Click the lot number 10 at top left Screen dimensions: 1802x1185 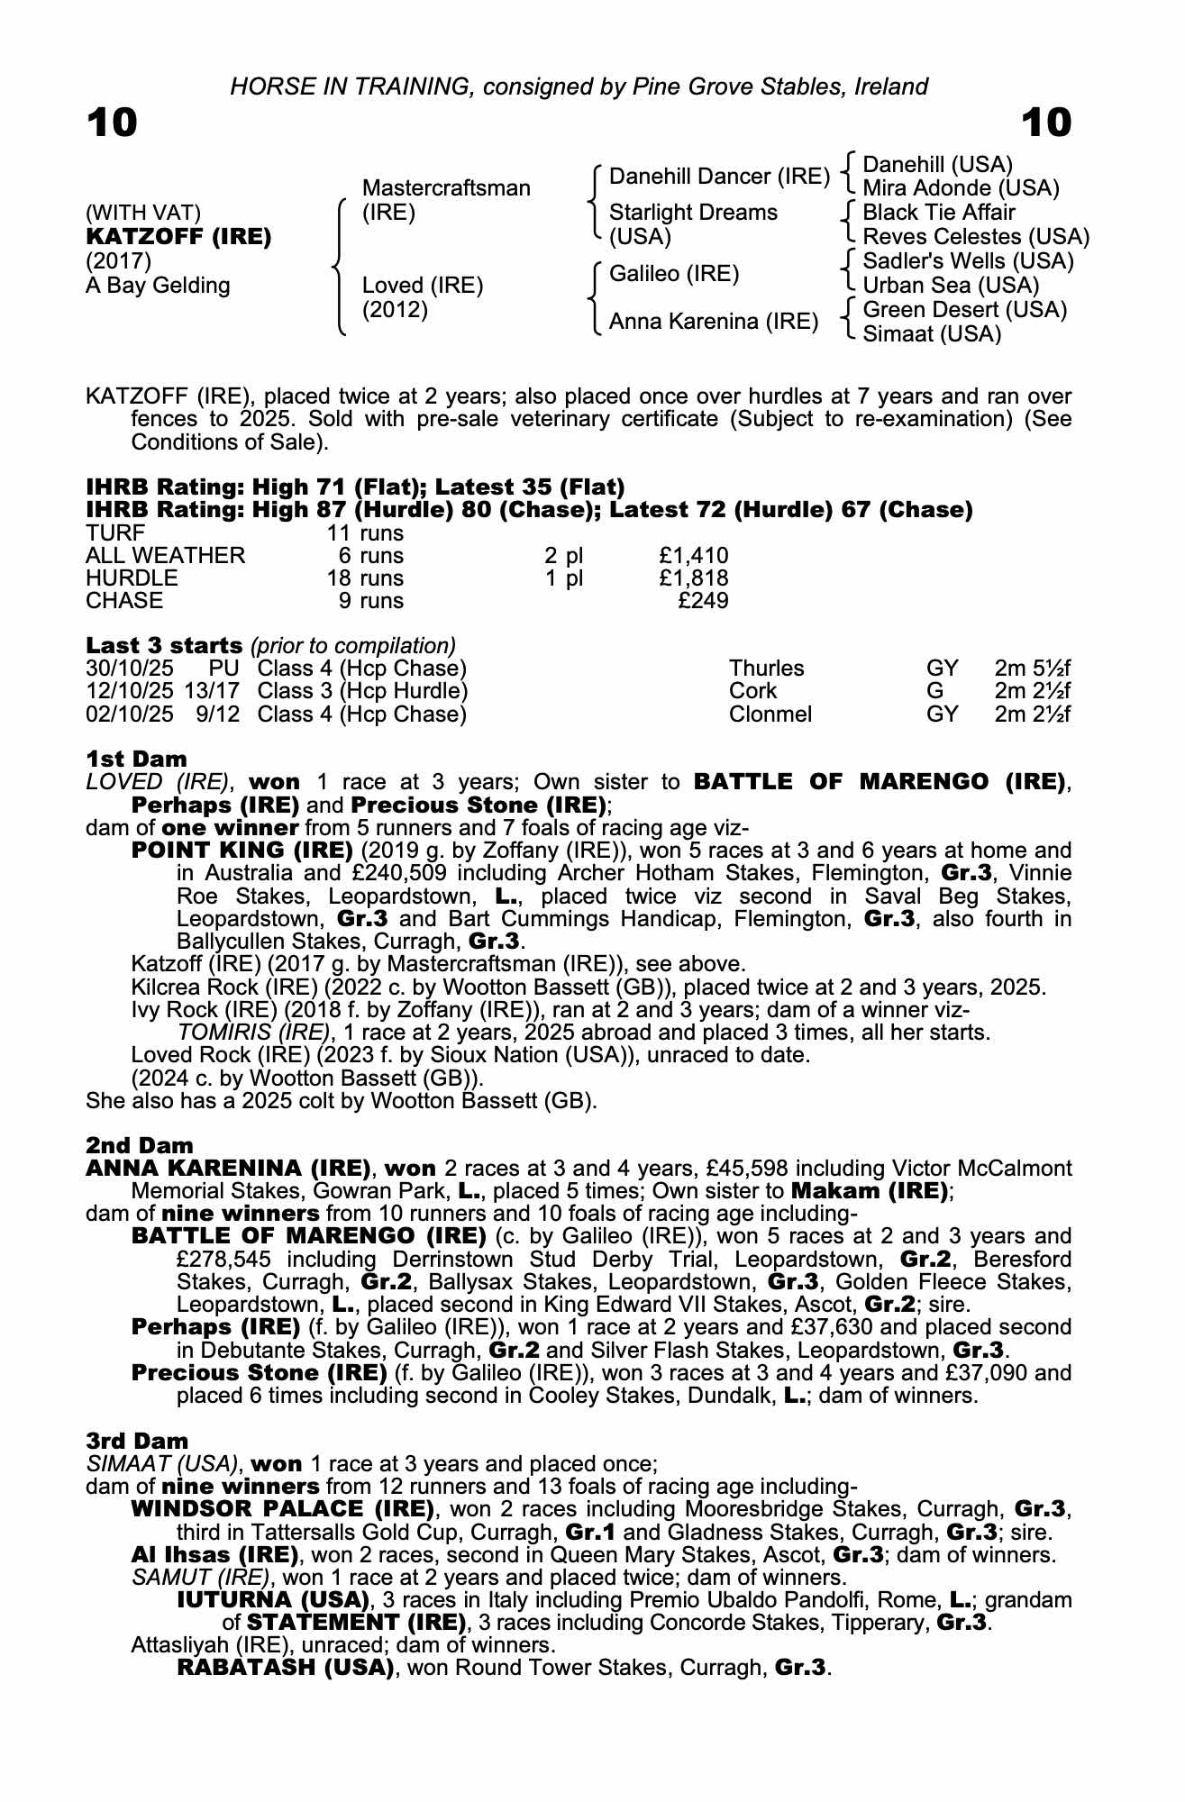(112, 123)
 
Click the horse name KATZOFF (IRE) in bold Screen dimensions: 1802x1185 (178, 237)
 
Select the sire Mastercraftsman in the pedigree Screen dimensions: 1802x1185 (446, 188)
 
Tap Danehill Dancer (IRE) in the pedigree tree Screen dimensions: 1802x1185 (719, 177)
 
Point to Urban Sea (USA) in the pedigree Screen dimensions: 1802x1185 (951, 286)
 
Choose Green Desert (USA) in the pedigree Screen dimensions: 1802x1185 (964, 310)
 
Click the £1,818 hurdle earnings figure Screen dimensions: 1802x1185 (693, 578)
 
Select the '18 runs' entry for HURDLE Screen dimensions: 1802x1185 (365, 578)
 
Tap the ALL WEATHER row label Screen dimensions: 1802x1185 (165, 556)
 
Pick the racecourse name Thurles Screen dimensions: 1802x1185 (766, 669)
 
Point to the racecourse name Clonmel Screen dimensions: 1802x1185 (770, 714)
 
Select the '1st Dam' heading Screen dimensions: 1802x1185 (136, 759)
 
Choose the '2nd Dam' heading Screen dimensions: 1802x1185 (140, 1145)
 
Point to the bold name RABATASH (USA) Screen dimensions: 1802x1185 (286, 1667)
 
